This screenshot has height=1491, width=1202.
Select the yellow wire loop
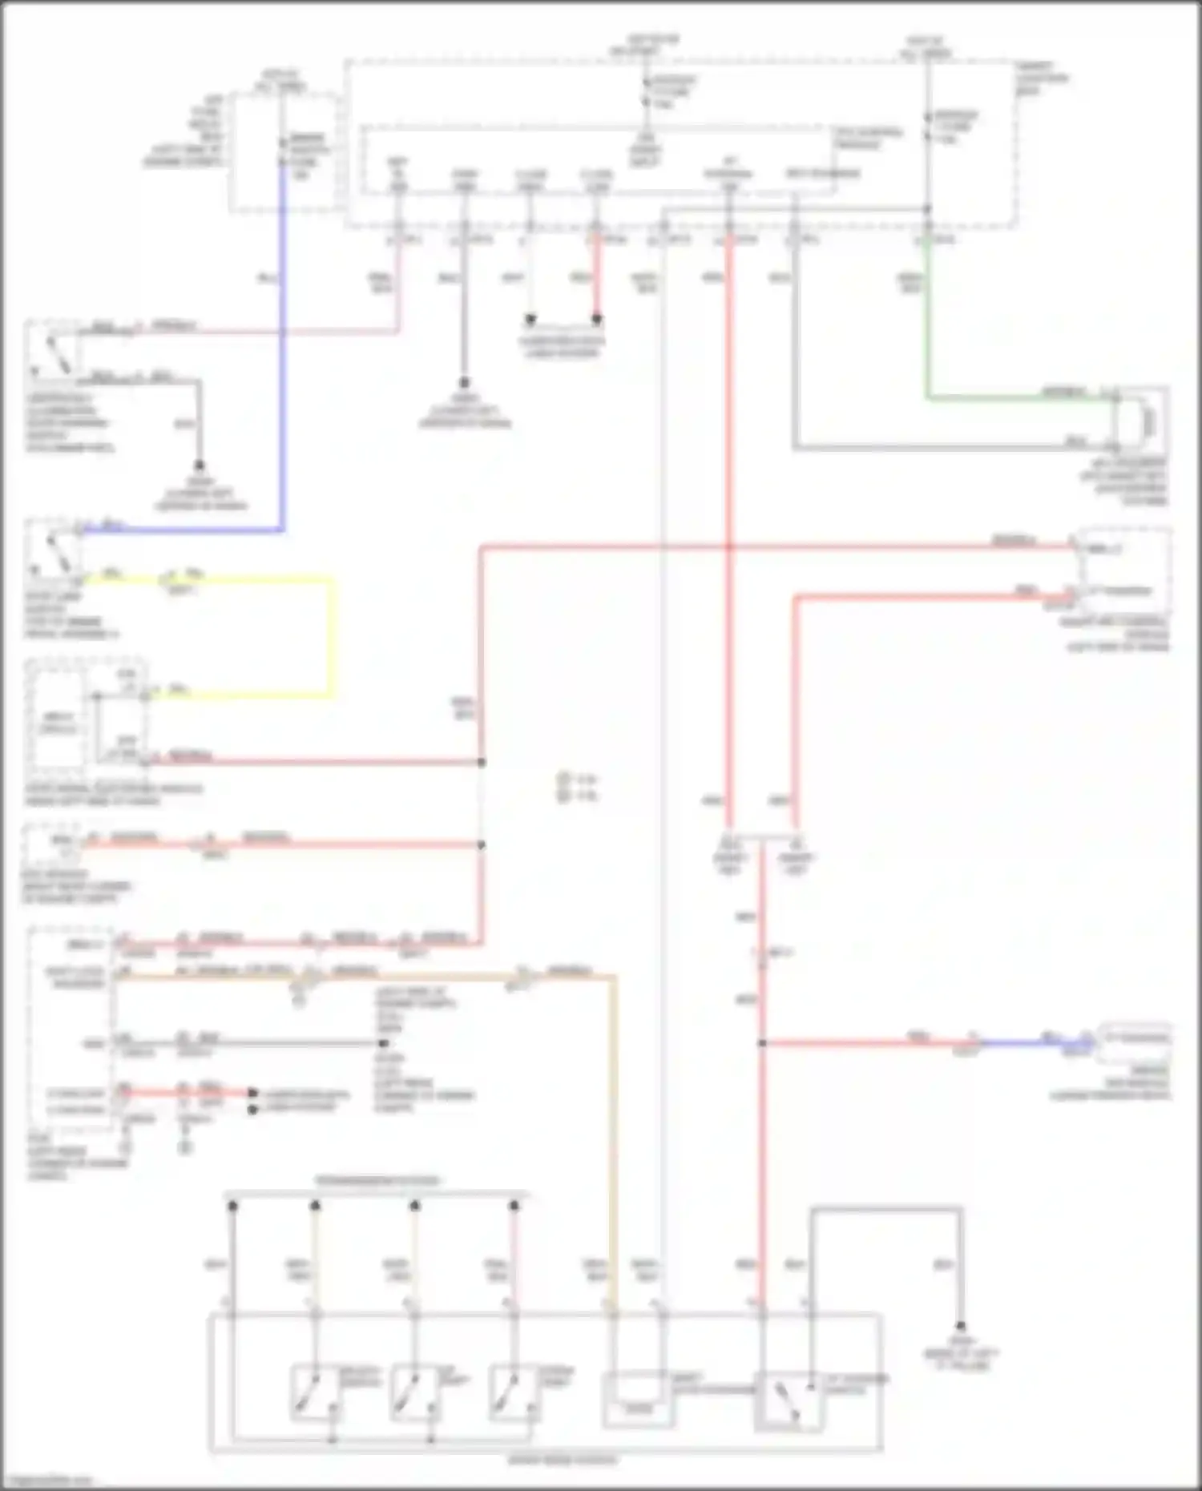[331, 633]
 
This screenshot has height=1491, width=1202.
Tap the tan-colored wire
[614, 1122]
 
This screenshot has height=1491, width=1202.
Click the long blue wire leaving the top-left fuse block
[282, 361]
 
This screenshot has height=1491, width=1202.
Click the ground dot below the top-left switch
[200, 465]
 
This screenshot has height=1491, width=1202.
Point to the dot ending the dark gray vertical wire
[464, 383]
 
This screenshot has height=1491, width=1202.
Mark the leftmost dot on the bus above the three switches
[232, 1205]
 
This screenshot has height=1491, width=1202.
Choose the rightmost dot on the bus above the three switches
[514, 1205]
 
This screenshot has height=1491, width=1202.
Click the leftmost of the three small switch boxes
[316, 1392]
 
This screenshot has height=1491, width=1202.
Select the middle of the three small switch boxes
[414, 1392]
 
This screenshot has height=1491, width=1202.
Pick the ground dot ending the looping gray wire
[960, 1326]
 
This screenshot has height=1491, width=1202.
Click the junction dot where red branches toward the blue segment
[762, 1043]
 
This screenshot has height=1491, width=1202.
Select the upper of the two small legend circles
[564, 778]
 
